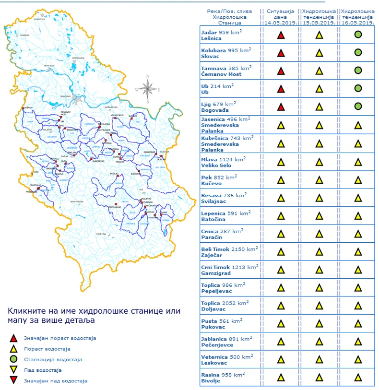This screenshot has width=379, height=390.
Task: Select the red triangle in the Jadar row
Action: coord(281,35)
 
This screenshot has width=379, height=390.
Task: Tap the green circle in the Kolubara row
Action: coord(357,52)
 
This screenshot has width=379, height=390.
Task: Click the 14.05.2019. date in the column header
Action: coord(280,23)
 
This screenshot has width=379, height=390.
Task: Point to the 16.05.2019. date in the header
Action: coord(357,23)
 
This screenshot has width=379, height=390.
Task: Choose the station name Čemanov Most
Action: coord(221,74)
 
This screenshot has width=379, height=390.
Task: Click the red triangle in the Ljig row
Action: coord(281,106)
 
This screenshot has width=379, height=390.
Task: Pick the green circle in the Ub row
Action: coord(357,88)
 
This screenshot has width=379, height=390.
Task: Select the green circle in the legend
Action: coord(14,359)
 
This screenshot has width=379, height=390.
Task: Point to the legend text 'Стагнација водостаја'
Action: coord(52,359)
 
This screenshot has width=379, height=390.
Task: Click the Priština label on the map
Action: coord(101,234)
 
